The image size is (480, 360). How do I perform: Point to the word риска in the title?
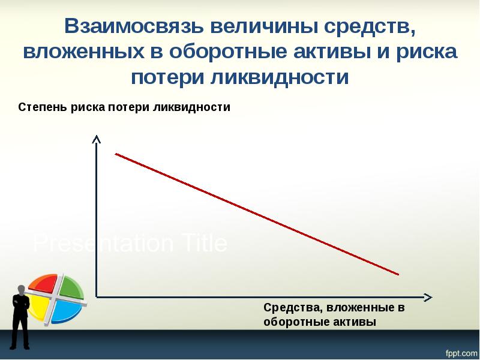[x=427, y=52]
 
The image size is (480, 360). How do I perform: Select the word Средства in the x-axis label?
[x=290, y=308]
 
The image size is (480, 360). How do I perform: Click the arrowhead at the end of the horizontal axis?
[x=427, y=297]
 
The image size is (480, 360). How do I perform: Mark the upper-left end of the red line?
[x=116, y=154]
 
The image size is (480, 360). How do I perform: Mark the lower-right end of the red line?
[x=398, y=275]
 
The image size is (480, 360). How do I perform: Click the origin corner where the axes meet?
[x=96, y=297]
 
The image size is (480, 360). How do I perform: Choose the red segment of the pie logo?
[x=44, y=283]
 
